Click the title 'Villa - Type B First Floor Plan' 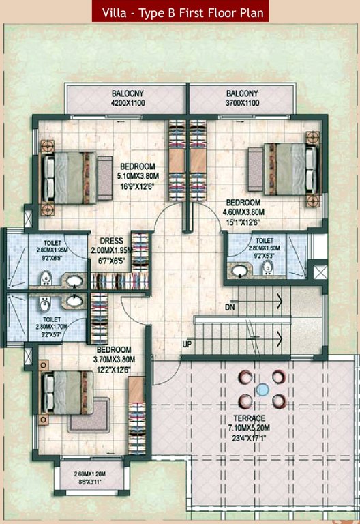click(x=181, y=12)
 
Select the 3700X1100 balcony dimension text click(x=243, y=103)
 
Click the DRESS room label click(x=111, y=241)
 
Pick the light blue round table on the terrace click(x=262, y=390)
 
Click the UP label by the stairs click(x=187, y=344)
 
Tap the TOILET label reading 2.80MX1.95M click(x=52, y=242)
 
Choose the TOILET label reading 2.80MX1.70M click(x=52, y=319)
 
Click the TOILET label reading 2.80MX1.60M click(x=265, y=241)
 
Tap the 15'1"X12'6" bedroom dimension click(x=243, y=222)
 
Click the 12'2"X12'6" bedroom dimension click(x=114, y=370)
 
